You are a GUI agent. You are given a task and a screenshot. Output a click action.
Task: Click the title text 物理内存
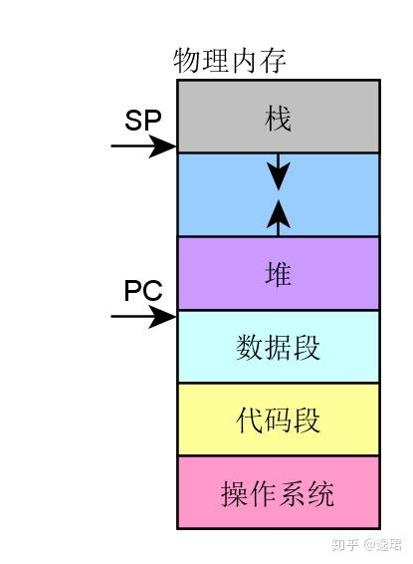[x=230, y=61]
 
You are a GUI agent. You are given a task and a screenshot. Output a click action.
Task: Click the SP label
[x=142, y=120]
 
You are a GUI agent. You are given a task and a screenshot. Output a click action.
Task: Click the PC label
[x=143, y=291]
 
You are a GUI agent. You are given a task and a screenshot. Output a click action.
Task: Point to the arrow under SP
[x=143, y=146]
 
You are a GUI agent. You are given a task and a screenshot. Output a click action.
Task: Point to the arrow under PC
[x=143, y=318]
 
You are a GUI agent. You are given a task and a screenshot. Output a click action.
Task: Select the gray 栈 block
[x=278, y=117]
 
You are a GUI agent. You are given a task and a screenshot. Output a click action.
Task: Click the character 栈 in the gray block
[x=278, y=119]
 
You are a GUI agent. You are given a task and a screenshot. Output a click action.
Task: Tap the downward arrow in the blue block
[x=279, y=171]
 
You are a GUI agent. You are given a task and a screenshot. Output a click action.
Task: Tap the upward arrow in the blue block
[x=279, y=216]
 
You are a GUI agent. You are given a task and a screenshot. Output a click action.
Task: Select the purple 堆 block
[x=278, y=273]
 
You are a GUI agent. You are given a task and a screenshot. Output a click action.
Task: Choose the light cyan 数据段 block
[x=278, y=347]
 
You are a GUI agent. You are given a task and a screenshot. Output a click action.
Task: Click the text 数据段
[x=278, y=348]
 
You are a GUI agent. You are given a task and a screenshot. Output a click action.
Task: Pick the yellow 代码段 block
[x=278, y=420]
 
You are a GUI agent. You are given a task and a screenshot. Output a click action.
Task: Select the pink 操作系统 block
[x=278, y=492]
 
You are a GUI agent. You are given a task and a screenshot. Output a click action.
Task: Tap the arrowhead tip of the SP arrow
[x=174, y=146]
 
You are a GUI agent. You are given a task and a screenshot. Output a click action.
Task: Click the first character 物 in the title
[x=186, y=61]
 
